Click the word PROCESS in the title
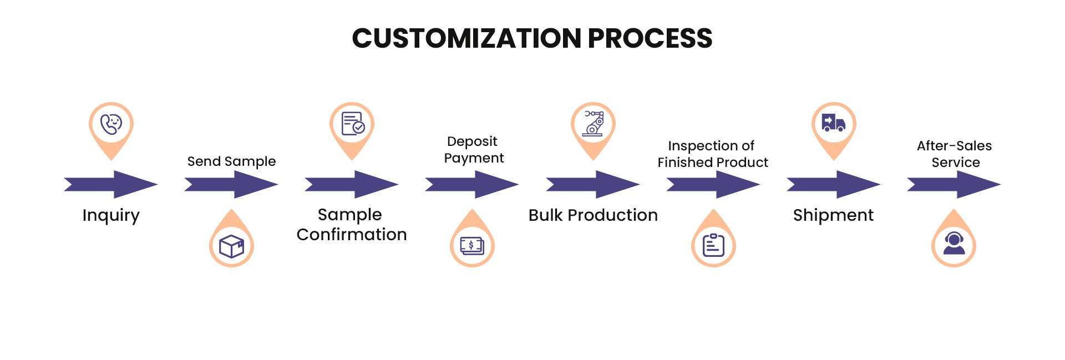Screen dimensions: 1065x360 point(650,38)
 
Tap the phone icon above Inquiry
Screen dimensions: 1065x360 point(111,124)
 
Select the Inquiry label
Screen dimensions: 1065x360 point(111,215)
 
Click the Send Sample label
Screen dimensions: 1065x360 point(231,161)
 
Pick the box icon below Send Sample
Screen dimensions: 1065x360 point(231,246)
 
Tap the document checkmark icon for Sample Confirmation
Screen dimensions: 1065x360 point(352,123)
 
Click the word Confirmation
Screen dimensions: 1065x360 point(352,234)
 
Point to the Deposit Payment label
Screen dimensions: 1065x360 point(474,150)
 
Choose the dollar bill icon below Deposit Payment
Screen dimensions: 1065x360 point(472,245)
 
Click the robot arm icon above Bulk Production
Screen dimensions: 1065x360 point(593,123)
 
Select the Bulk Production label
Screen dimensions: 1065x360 point(593,215)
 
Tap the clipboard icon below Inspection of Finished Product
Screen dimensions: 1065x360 point(713,245)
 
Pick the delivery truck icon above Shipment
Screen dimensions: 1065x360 point(834,123)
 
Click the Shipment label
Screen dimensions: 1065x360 point(833,215)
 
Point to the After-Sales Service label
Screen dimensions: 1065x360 point(955,154)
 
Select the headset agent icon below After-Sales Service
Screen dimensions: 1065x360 point(954,244)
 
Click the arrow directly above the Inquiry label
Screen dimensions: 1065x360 point(111,184)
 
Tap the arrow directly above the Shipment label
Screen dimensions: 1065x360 point(834,184)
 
